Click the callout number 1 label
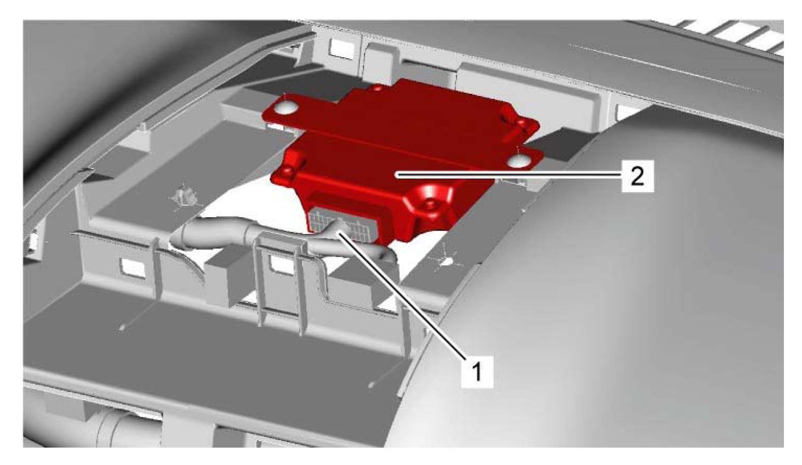[477, 372]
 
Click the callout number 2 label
[637, 176]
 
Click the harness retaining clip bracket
[279, 282]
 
